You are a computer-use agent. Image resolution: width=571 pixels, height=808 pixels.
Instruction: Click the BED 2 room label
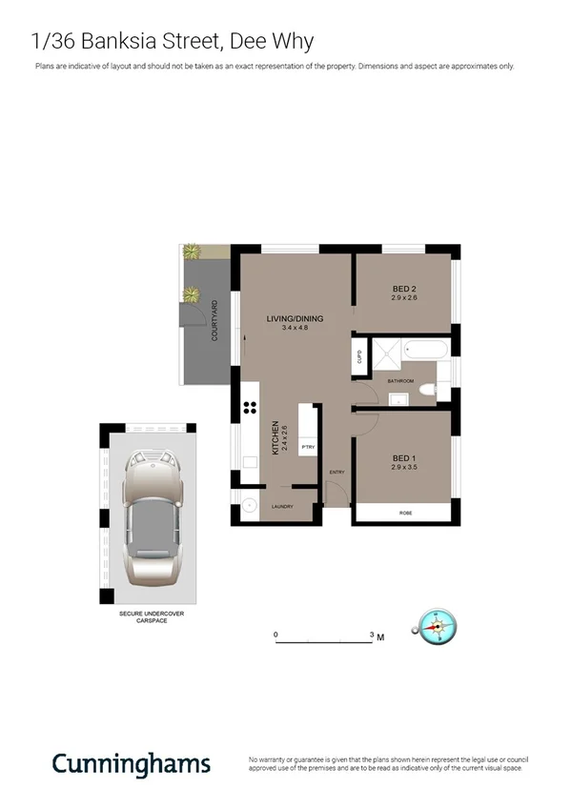pyautogui.click(x=405, y=289)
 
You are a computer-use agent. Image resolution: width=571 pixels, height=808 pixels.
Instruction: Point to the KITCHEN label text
pyautogui.click(x=275, y=438)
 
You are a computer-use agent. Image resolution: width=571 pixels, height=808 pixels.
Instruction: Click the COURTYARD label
pyautogui.click(x=215, y=321)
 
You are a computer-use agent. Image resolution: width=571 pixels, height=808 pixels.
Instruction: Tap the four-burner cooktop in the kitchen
pyautogui.click(x=251, y=408)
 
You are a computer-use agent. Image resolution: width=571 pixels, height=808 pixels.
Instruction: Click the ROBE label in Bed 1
pyautogui.click(x=405, y=514)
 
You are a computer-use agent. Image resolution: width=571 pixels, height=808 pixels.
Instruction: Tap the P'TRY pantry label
pyautogui.click(x=308, y=447)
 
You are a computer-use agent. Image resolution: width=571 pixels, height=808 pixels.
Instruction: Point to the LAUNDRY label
pyautogui.click(x=282, y=507)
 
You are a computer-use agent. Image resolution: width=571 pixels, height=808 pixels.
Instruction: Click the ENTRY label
pyautogui.click(x=336, y=473)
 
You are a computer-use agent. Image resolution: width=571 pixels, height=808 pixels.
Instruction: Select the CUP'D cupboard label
pyautogui.click(x=359, y=357)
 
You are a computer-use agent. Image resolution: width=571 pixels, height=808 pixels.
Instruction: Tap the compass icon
pyautogui.click(x=438, y=627)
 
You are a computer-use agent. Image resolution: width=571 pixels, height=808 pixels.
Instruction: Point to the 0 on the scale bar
pyautogui.click(x=275, y=635)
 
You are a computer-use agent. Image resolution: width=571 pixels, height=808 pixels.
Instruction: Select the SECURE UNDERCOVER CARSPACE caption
pyautogui.click(x=151, y=617)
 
